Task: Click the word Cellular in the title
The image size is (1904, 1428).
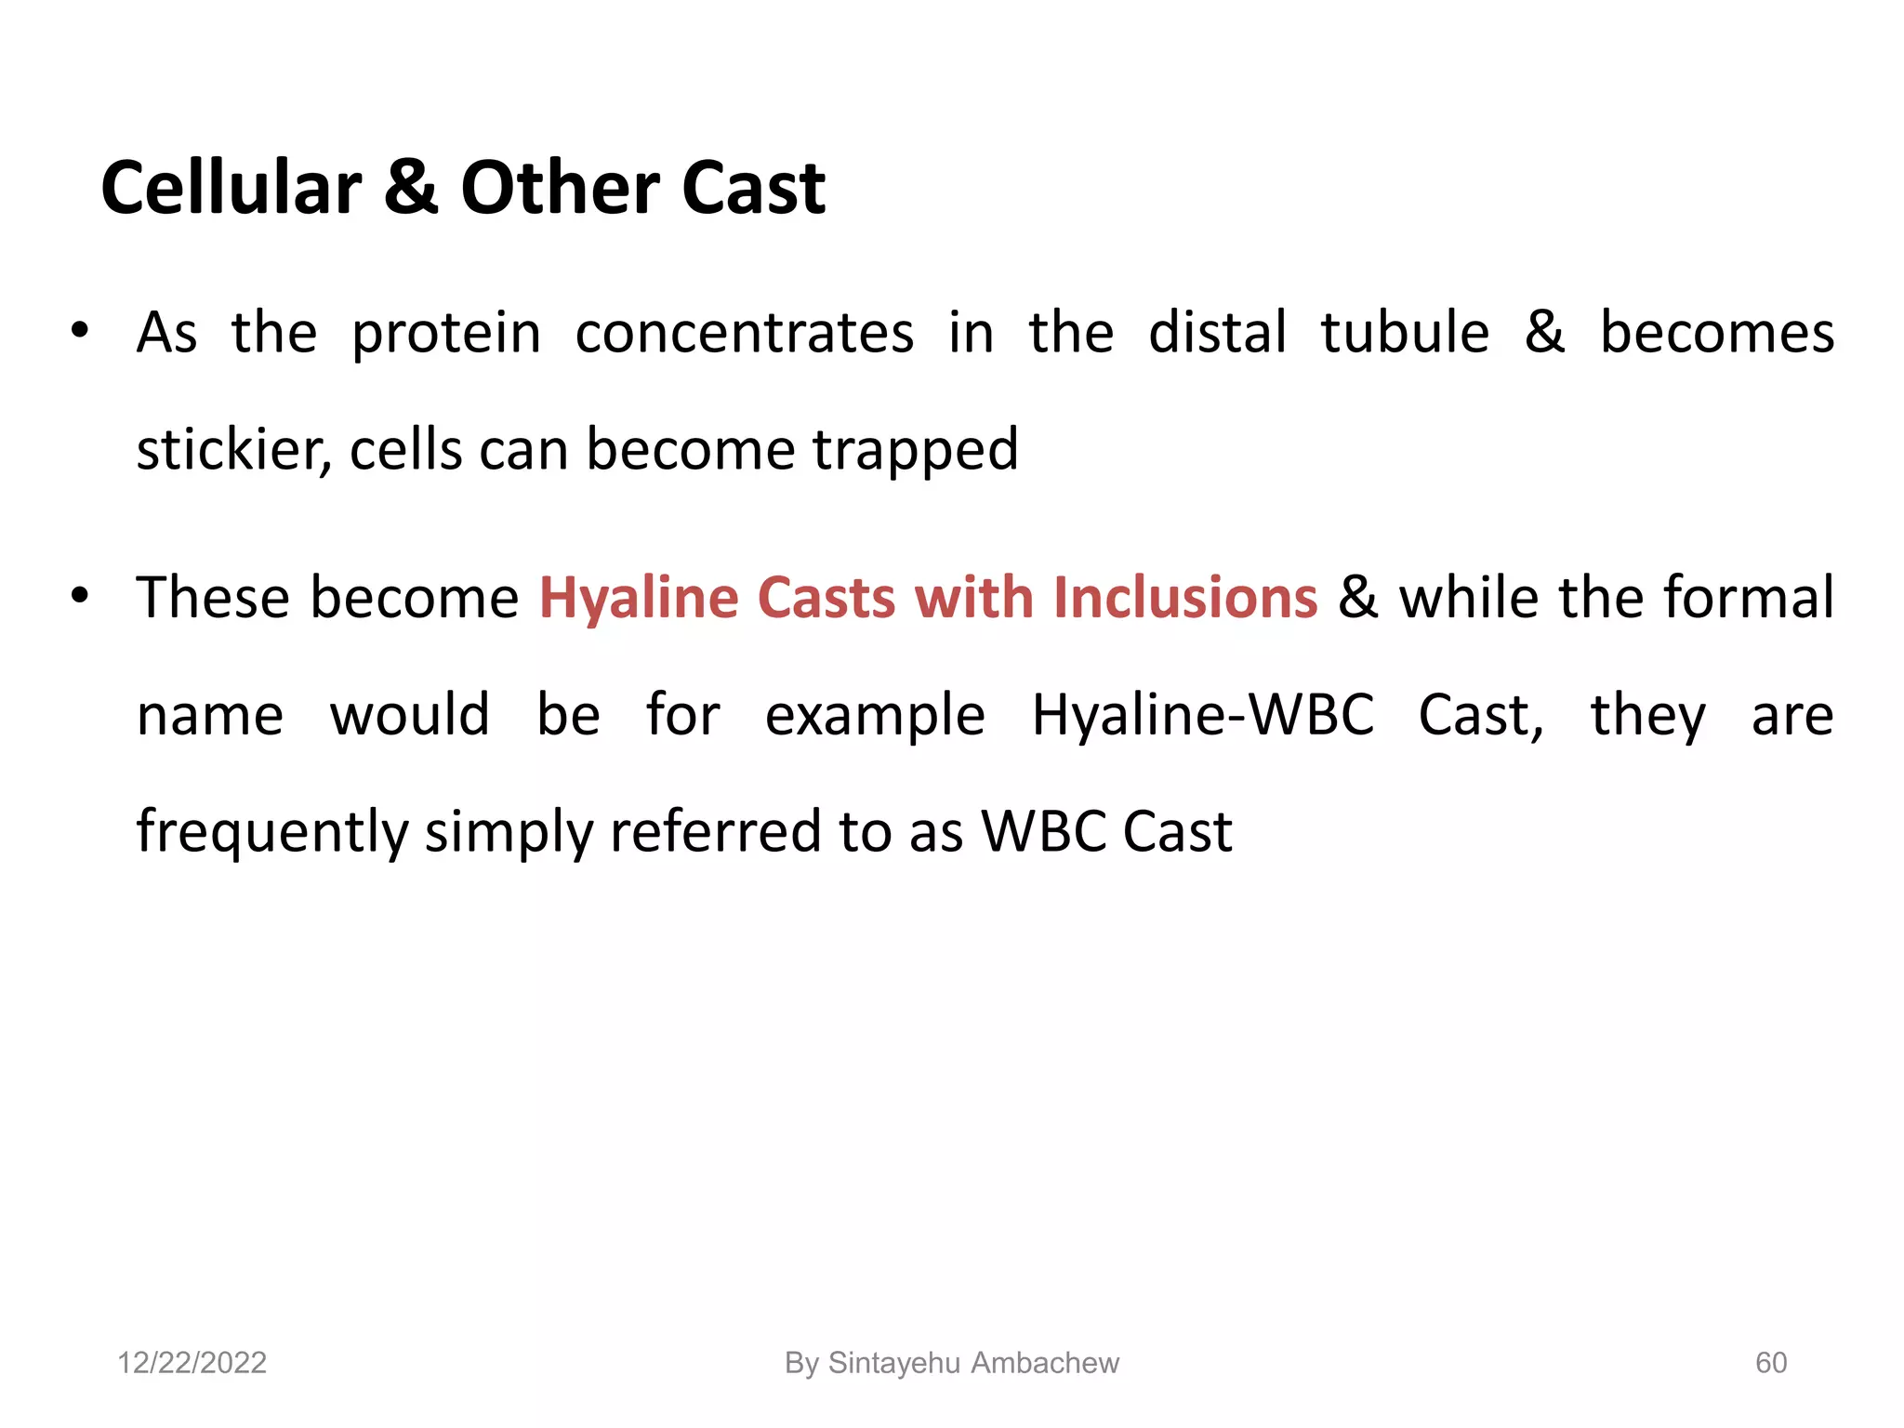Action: pos(231,188)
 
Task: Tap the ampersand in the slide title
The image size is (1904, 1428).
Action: pos(410,188)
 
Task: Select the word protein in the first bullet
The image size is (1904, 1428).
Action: pos(446,335)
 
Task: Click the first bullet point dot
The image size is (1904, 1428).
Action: pos(80,330)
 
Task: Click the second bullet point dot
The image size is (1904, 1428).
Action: pos(80,594)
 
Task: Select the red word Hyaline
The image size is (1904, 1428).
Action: pos(640,599)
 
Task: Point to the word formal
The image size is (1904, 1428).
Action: pos(1748,597)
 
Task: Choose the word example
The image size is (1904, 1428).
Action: pos(874,717)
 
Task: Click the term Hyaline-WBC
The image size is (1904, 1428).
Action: pos(1202,715)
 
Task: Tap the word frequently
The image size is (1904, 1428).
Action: pos(272,832)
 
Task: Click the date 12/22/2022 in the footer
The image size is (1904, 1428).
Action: pos(192,1363)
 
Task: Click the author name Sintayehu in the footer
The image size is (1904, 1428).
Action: pos(893,1363)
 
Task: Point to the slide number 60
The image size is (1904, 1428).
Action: pos(1770,1363)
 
